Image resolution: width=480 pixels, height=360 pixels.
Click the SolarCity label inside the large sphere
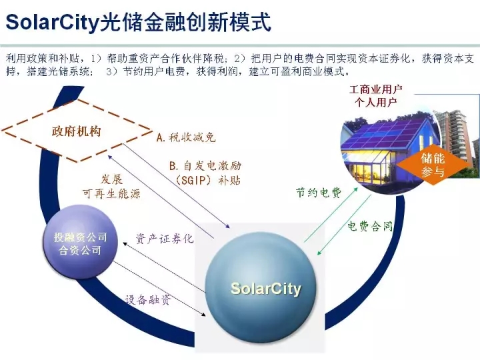coord(265,289)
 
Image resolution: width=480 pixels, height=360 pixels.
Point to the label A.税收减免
coord(186,137)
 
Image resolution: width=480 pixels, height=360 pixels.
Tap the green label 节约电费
coord(319,193)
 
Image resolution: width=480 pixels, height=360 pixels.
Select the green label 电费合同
coord(369,227)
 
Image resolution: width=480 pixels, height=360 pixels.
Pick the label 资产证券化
coord(165,238)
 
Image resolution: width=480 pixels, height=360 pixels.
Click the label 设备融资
coord(148,299)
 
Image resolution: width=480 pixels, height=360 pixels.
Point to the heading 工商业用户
coord(376,89)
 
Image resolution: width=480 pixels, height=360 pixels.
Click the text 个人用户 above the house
coord(376,102)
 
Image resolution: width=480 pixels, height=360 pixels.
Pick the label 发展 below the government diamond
coord(111,179)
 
